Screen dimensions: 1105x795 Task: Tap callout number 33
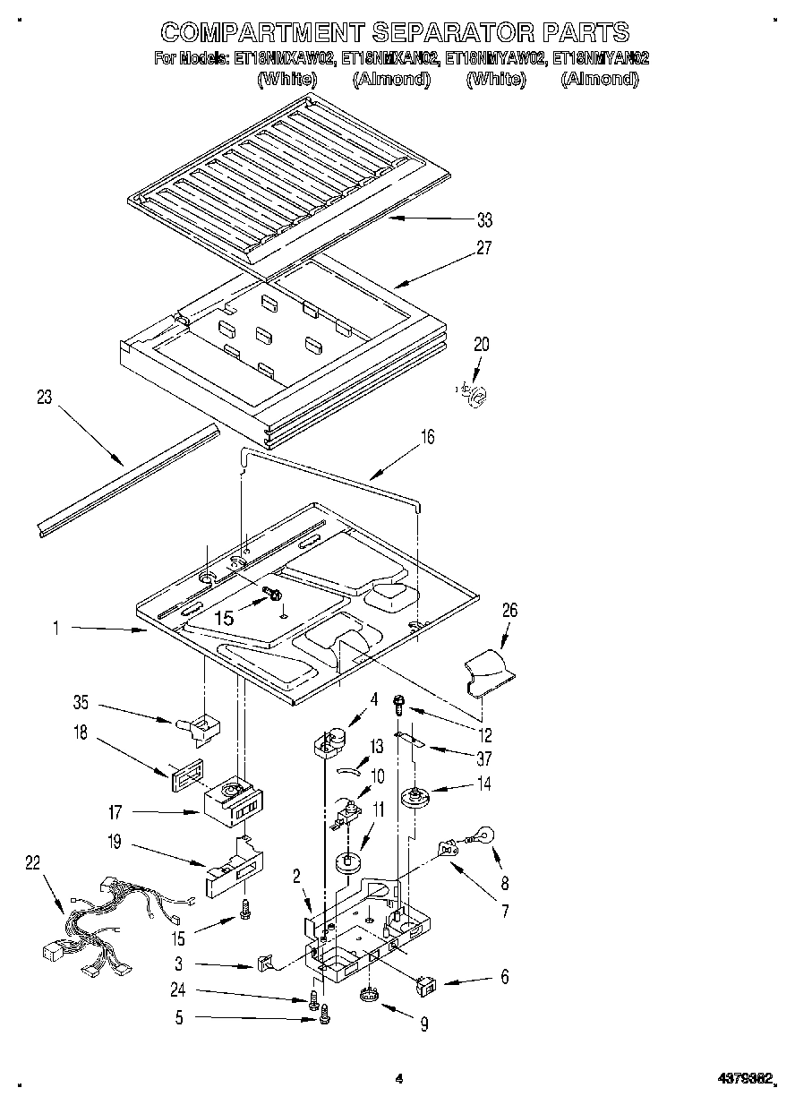[484, 219]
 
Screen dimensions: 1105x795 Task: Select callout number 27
[484, 249]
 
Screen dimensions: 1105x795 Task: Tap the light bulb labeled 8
[484, 837]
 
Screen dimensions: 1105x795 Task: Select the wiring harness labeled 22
[112, 922]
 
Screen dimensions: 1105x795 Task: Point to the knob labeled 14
[415, 796]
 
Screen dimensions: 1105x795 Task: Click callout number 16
[428, 437]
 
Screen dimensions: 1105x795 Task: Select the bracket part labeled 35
[202, 725]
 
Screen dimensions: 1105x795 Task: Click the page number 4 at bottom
[399, 1079]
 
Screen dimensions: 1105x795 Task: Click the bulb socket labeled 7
[447, 848]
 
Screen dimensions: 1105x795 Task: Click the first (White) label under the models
[286, 80]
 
